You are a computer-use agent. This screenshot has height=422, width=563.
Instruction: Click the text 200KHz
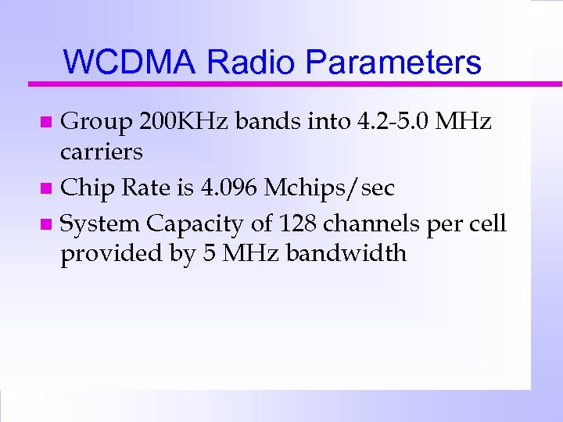pos(185,122)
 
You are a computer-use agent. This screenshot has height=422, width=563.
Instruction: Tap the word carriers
pos(102,151)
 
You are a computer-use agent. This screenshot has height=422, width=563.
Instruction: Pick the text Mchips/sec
pos(329,188)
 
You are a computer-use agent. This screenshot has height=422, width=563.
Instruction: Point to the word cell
pos(487,224)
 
